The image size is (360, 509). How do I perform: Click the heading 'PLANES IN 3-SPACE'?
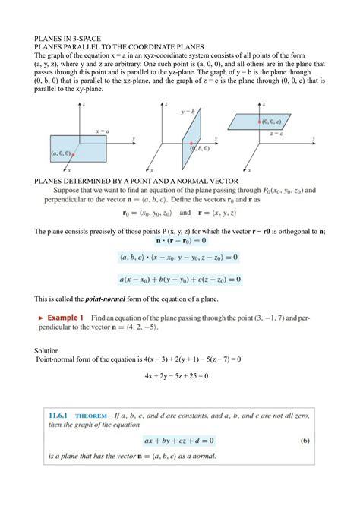click(x=69, y=36)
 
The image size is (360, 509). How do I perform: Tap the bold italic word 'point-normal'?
click(x=112, y=299)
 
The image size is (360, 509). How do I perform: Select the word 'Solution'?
click(x=48, y=350)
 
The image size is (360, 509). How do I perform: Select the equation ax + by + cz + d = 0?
click(x=180, y=440)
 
